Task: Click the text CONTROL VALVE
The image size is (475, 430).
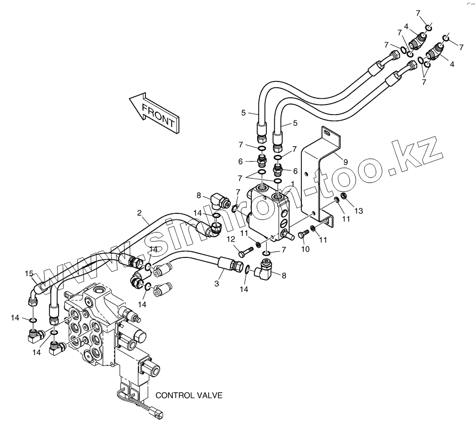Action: (189, 395)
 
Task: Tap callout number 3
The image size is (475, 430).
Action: (216, 284)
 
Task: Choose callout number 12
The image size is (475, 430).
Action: (230, 239)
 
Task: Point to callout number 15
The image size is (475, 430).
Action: (29, 274)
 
